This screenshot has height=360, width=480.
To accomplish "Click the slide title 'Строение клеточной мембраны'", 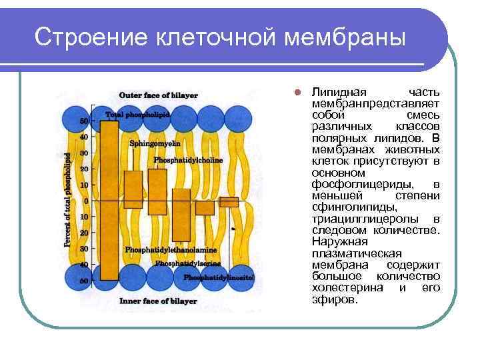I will tap(219, 37).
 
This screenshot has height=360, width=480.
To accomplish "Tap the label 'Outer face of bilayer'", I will tap(158, 95).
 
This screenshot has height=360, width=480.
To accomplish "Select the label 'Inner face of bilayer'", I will tap(158, 301).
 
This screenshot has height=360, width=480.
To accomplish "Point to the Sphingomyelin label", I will tap(151, 143).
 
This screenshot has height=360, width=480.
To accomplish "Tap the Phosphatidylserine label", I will tap(187, 263).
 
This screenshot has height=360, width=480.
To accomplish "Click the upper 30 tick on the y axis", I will tap(84, 153).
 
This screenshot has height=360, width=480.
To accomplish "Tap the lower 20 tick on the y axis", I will tap(84, 233).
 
